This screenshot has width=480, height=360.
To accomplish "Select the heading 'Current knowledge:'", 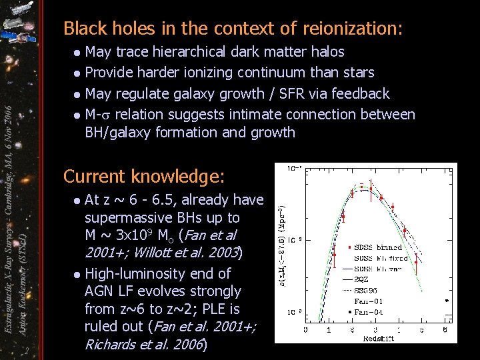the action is point(144,177).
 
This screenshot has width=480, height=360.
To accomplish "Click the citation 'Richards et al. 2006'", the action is point(143,345).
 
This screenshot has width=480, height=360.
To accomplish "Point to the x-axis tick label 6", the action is point(445,329).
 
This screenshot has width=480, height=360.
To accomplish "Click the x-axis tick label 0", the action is point(305,329).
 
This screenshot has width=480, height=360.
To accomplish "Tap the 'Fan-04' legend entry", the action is point(367,311).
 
